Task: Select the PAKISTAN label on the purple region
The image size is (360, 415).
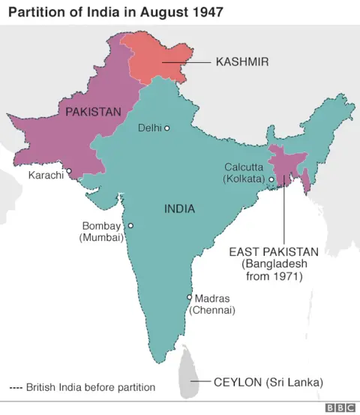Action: click(93, 112)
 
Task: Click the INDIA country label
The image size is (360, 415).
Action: click(179, 210)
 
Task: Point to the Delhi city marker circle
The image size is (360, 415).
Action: click(167, 128)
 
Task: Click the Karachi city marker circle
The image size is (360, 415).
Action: click(68, 171)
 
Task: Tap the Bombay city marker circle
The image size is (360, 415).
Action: click(130, 225)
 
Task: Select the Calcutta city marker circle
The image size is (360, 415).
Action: click(271, 179)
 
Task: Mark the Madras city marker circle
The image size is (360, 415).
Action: click(189, 297)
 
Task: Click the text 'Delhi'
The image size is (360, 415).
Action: click(150, 128)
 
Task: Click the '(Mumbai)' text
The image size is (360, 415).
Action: click(101, 237)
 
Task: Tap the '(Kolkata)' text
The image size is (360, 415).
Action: click(244, 179)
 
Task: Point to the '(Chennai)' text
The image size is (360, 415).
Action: click(212, 310)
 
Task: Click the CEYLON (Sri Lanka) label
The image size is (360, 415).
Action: click(268, 382)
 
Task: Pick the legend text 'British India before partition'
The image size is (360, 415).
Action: click(91, 388)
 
